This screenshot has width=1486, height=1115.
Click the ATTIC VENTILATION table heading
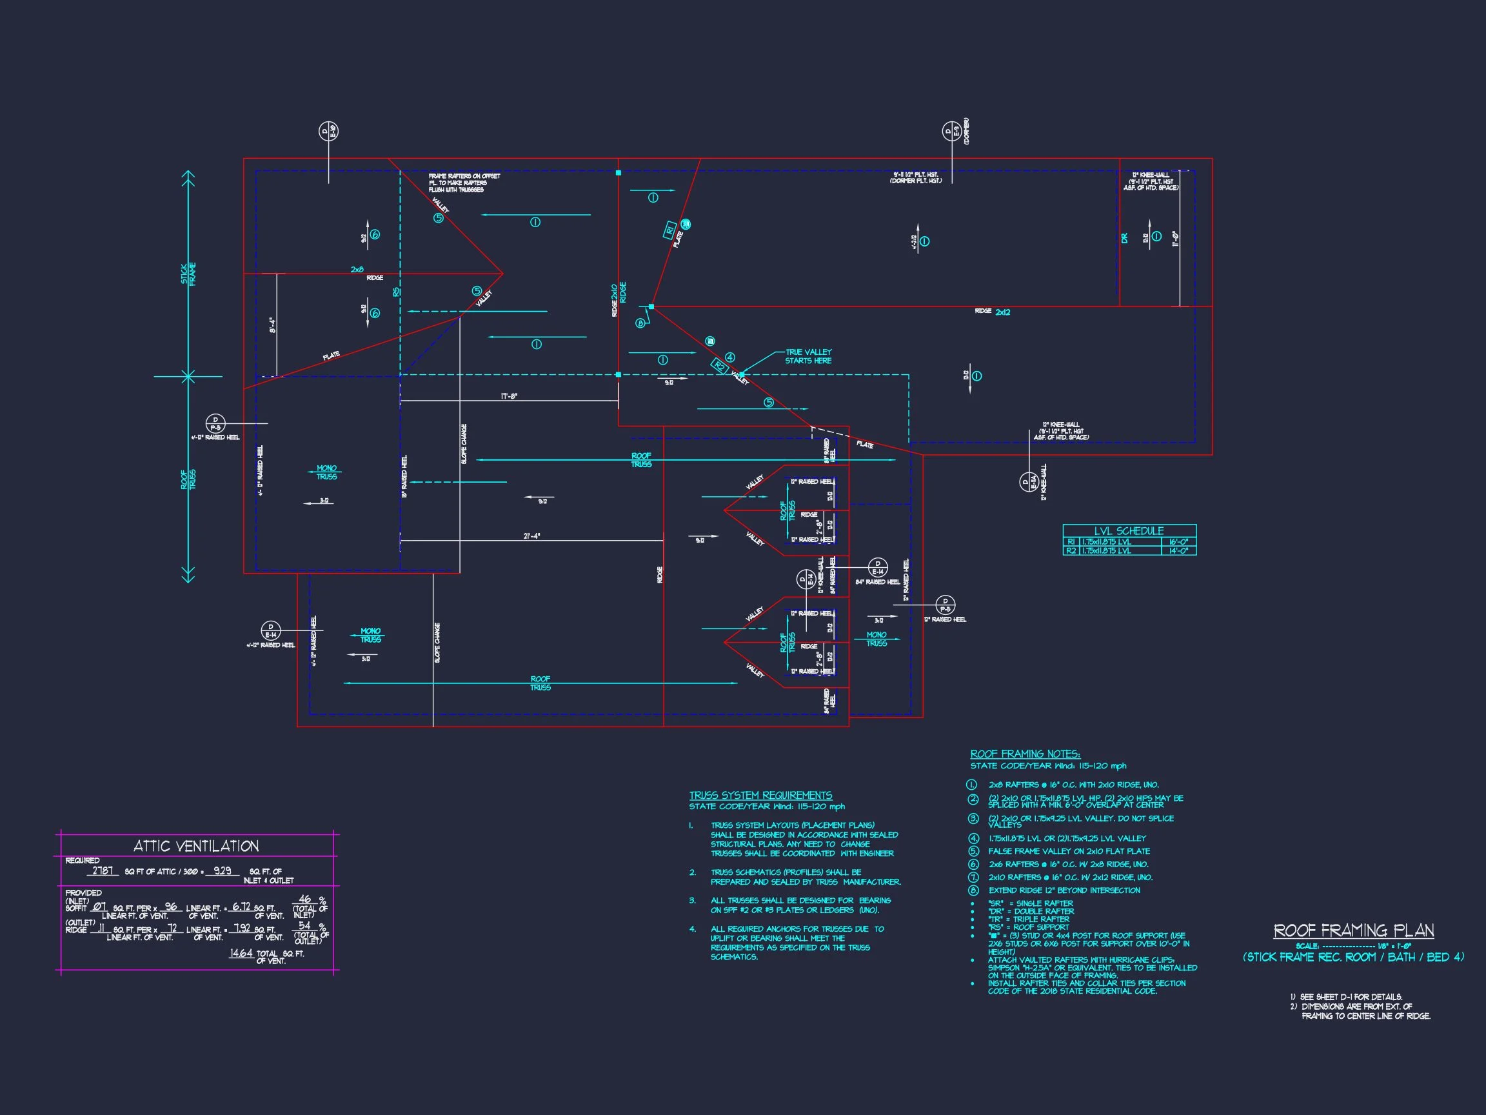pyautogui.click(x=196, y=846)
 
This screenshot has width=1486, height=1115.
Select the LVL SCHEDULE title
pyautogui.click(x=1129, y=531)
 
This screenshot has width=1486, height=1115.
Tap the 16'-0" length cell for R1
pyautogui.click(x=1178, y=542)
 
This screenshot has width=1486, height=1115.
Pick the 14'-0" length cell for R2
pyautogui.click(x=1178, y=551)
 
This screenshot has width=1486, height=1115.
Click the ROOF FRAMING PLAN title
pyautogui.click(x=1354, y=931)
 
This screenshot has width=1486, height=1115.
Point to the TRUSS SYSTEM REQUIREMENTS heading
pyautogui.click(x=760, y=795)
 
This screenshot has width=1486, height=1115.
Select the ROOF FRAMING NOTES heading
pyautogui.click(x=1024, y=754)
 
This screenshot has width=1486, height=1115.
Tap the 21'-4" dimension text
pyautogui.click(x=531, y=536)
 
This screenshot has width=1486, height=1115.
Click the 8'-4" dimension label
pyautogui.click(x=273, y=326)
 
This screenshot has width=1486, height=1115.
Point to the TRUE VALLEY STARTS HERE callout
pyautogui.click(x=808, y=356)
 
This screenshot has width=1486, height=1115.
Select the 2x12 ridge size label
pyautogui.click(x=1002, y=312)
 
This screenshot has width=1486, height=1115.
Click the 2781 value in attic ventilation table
pyautogui.click(x=103, y=871)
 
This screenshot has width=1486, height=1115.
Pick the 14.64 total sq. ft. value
pyautogui.click(x=241, y=953)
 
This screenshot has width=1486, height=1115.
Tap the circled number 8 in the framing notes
pyautogui.click(x=973, y=890)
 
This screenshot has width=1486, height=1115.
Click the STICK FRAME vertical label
pyautogui.click(x=188, y=274)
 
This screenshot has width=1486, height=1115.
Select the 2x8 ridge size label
pyautogui.click(x=357, y=270)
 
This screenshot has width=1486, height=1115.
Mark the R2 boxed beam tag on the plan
pyautogui.click(x=720, y=367)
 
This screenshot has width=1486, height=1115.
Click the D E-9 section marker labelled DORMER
pyautogui.click(x=951, y=132)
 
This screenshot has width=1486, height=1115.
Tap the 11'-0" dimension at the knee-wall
pyautogui.click(x=1175, y=239)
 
